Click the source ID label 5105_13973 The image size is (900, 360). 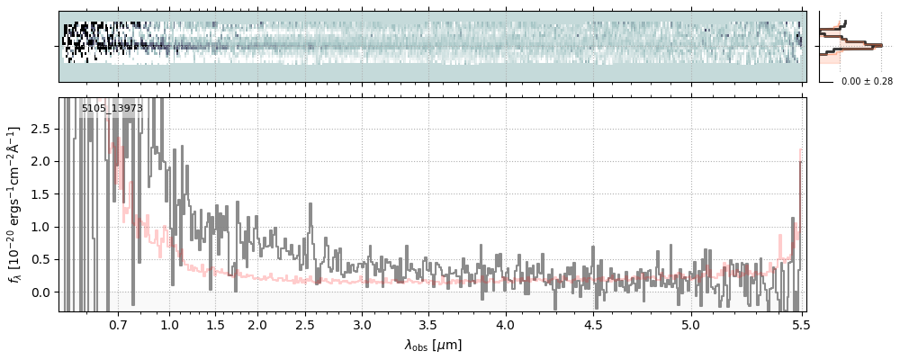click(112, 109)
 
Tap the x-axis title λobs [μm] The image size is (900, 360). click(433, 344)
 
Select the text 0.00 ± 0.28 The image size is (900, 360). click(867, 82)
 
